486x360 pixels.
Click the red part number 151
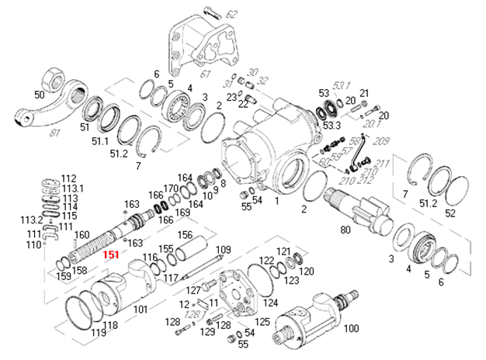[x=111, y=255]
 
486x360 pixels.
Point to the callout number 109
[x=224, y=250]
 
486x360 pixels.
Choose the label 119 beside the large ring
[x=98, y=333]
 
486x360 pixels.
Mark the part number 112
[x=69, y=178]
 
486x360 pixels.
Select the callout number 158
[x=78, y=271]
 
